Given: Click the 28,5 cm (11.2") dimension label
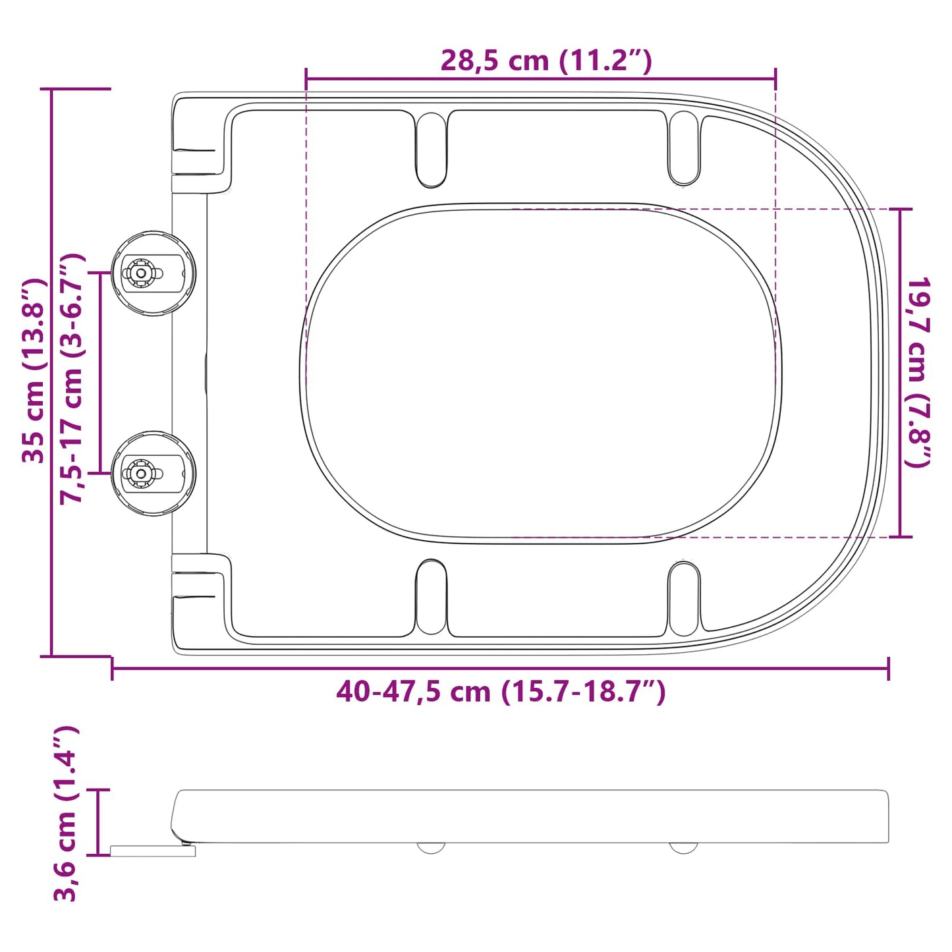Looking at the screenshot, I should click(x=546, y=61).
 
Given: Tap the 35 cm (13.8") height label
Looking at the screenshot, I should click(x=34, y=371).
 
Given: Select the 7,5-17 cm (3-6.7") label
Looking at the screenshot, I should click(x=72, y=379).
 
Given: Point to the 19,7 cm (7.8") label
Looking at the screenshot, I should click(x=918, y=372).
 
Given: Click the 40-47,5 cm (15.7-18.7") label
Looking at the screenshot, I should click(x=501, y=692).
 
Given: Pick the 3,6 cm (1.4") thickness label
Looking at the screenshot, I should click(x=66, y=813).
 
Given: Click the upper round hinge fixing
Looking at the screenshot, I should click(x=154, y=273).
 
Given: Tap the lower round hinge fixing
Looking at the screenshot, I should click(x=154, y=473).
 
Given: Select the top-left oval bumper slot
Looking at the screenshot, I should click(x=431, y=149).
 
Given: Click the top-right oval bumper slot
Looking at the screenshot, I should click(x=684, y=148).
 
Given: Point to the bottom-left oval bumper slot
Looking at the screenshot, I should click(x=431, y=597).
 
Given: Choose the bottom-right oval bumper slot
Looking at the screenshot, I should click(x=684, y=598).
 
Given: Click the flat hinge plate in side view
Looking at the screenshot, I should click(x=153, y=851).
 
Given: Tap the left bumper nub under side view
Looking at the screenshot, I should click(x=431, y=847).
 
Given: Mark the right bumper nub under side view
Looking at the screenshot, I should click(x=683, y=847).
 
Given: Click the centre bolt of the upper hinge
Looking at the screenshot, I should click(x=141, y=273).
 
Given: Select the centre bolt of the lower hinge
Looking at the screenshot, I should click(x=141, y=473).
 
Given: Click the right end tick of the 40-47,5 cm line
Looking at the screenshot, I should click(x=888, y=669).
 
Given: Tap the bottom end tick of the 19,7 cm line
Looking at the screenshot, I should click(x=901, y=537).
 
